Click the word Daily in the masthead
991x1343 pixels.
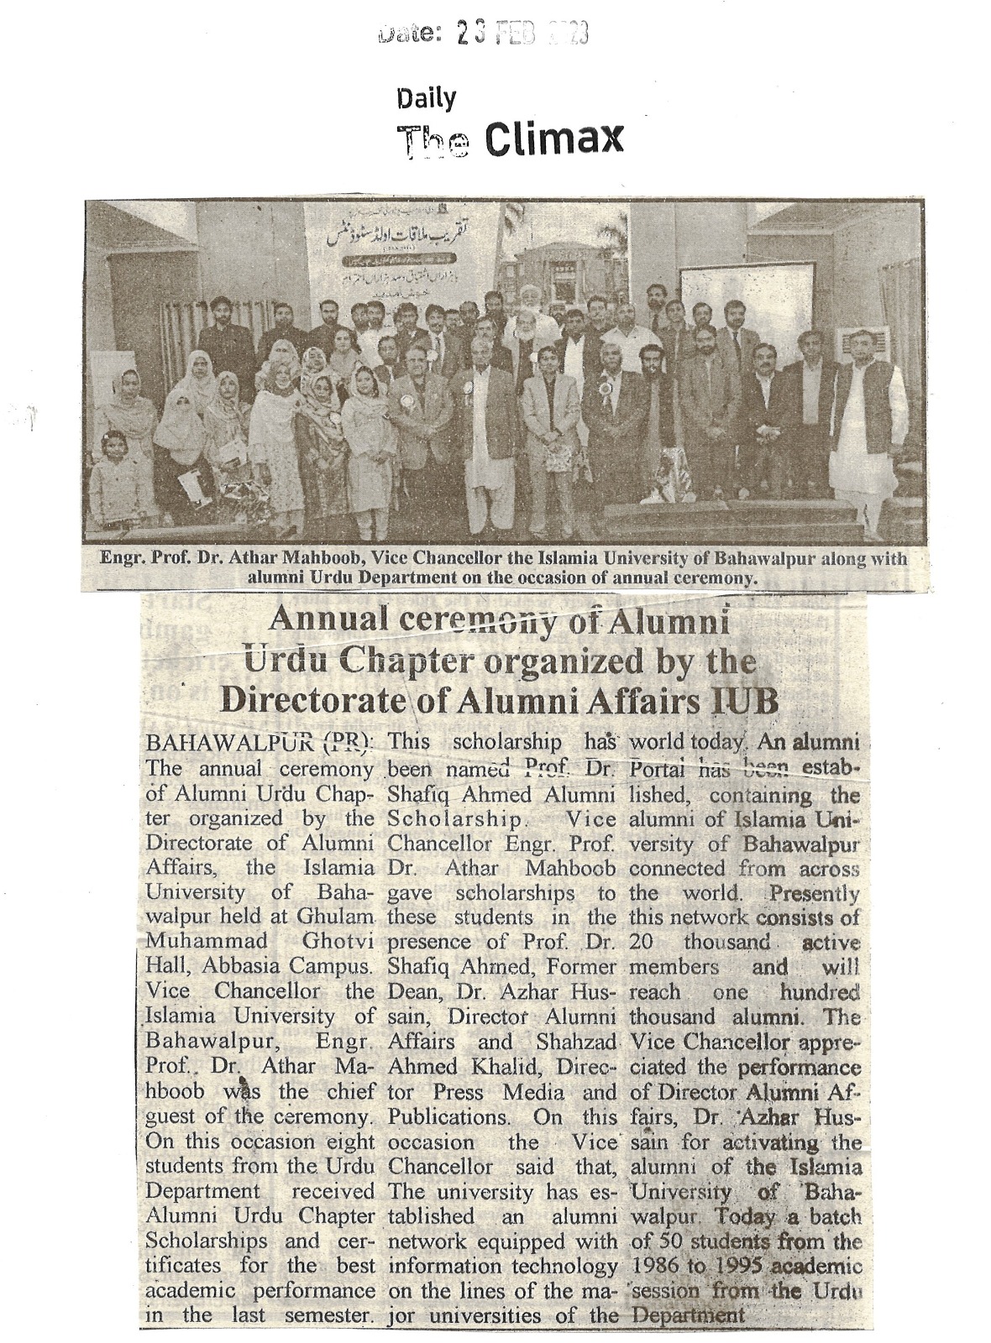426,99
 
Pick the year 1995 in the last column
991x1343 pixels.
742,1267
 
